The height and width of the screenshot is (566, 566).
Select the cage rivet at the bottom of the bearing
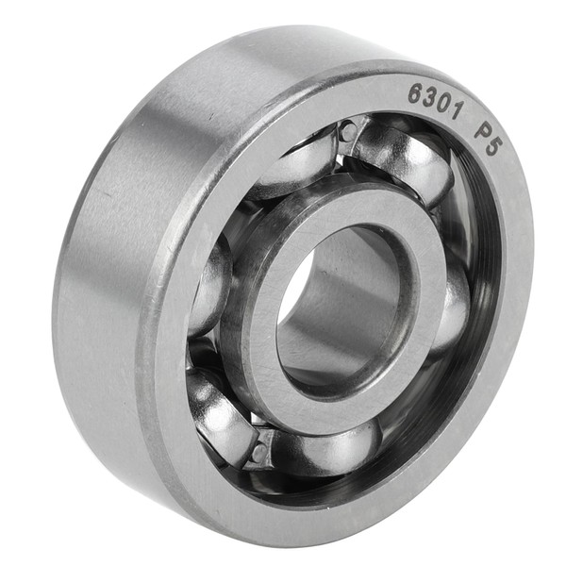coord(258,451)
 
